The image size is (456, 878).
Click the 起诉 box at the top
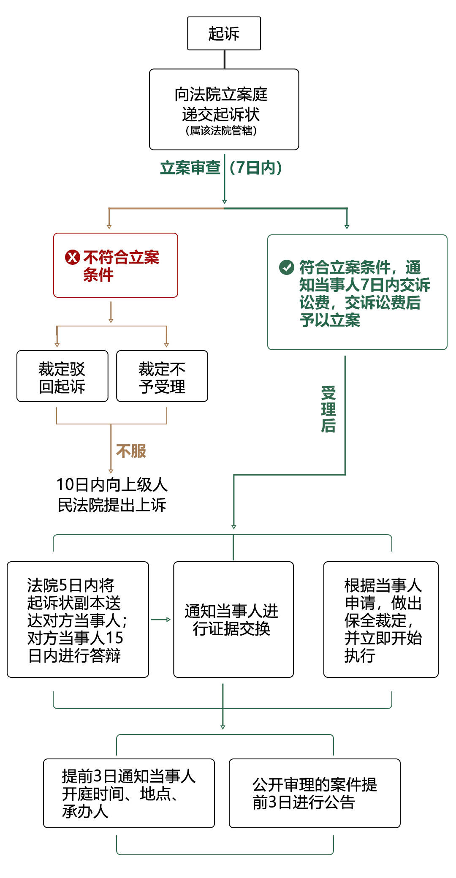pos(224,33)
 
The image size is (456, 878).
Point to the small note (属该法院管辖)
pos(221,131)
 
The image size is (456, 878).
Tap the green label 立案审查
pos(190,168)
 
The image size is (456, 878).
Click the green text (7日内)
pos(255,168)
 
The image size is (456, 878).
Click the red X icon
pos(72,257)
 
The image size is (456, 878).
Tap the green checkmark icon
pos(287,267)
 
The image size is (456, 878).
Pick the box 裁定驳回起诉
pos(62,376)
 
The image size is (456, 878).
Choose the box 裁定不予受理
pos(162,376)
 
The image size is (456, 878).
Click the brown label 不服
pos(131,451)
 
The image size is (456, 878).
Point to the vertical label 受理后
pos(328,409)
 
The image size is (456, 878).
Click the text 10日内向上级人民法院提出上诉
pos(112,495)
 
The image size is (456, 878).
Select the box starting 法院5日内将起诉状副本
pos(78,620)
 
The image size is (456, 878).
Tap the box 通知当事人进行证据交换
pos(233,620)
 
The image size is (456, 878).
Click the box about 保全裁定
pos(381,620)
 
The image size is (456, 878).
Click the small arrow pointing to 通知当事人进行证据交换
pos(161,620)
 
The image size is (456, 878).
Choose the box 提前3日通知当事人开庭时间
pos(129,793)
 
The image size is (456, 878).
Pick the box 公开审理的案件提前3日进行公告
pos(315,793)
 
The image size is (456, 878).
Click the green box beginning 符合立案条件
pos(357,292)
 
